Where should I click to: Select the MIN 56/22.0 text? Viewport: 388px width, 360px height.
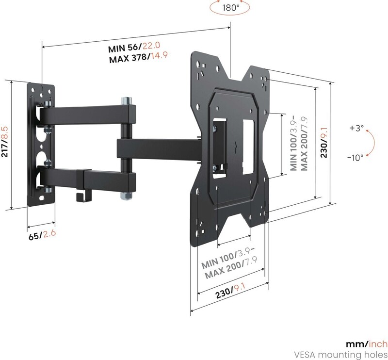coord(134,47)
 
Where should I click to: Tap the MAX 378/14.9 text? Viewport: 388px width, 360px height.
coord(139,57)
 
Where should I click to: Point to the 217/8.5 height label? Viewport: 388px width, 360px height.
coord(5,142)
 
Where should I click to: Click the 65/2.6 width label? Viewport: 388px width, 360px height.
coord(42,235)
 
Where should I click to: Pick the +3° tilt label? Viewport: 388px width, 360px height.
coord(356,128)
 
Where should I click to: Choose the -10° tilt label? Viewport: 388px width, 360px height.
coord(355,157)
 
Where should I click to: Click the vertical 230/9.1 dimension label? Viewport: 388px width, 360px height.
coord(323,143)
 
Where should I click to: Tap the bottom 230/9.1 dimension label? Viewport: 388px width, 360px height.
coord(230,291)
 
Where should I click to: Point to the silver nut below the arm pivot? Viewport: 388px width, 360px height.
coord(126,196)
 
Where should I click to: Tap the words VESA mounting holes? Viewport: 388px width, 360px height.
coord(340,355)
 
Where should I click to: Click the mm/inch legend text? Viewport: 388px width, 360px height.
coord(367,344)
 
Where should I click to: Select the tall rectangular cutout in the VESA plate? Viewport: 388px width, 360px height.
coord(248,147)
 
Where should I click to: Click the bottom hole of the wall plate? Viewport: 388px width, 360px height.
coord(42,198)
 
